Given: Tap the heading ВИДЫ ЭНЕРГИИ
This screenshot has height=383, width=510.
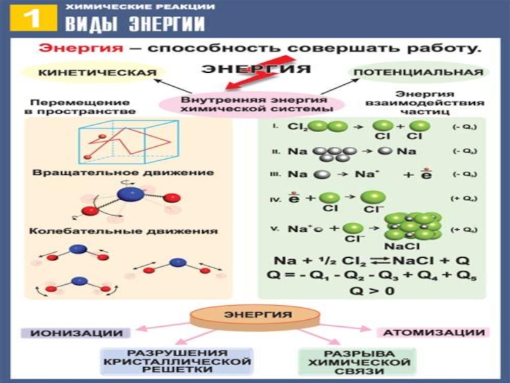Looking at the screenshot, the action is pyautogui.click(x=135, y=25).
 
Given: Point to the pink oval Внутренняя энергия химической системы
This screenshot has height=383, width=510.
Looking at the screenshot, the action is pyautogui.click(x=254, y=105).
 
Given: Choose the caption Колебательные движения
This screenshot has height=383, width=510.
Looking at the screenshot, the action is pyautogui.click(x=125, y=230).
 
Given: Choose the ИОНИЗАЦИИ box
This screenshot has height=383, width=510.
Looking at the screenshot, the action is pyautogui.click(x=76, y=333).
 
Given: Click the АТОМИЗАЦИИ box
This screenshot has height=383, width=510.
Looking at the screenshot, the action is pyautogui.click(x=433, y=333).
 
